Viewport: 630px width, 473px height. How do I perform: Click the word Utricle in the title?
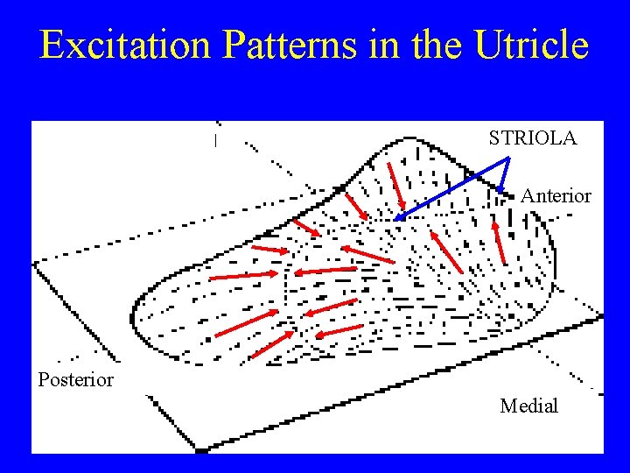point(534,46)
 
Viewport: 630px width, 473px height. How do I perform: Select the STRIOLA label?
point(532,138)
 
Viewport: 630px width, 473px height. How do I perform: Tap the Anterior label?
point(556,196)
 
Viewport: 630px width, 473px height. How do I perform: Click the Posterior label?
point(75,379)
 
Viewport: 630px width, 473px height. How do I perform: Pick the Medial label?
point(528,406)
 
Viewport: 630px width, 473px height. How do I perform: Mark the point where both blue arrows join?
point(508,159)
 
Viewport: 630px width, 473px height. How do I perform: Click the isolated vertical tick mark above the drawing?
point(215,140)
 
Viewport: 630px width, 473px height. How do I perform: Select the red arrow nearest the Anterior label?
point(499,243)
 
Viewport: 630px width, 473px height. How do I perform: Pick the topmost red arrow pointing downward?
point(396,185)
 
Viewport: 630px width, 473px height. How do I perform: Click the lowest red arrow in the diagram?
point(272,345)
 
